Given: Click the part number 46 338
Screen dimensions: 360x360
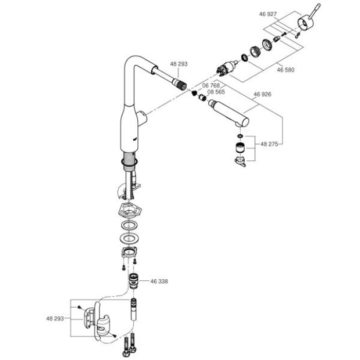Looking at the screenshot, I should [159, 281].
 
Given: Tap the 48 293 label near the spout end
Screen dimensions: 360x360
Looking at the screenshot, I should [179, 64].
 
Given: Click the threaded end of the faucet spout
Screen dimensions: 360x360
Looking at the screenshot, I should [180, 84].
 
